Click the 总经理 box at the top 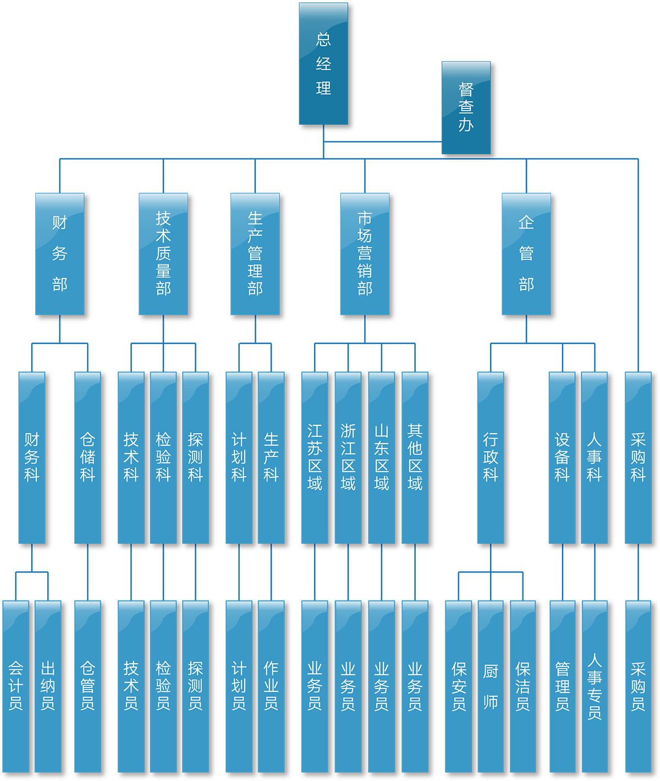pos(323,64)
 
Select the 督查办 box pos(466,107)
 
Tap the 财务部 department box pos(60,254)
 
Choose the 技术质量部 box pos(163,254)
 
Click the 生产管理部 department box pos(255,254)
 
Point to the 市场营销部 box pos(365,254)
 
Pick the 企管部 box pos(526,254)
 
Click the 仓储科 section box pos(87,457)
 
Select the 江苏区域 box pos(315,457)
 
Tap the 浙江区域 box pos(348,457)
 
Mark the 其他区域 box pos(415,457)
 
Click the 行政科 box pos(491,457)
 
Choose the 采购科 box pos(638,457)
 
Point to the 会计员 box pos(16,686)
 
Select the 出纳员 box pos(48,686)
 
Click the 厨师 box pos(491,686)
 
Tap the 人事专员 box pos(595,686)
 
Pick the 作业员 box pos(271,686)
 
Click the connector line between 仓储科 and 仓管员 pos(87,572)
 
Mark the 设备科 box pos(562,457)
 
